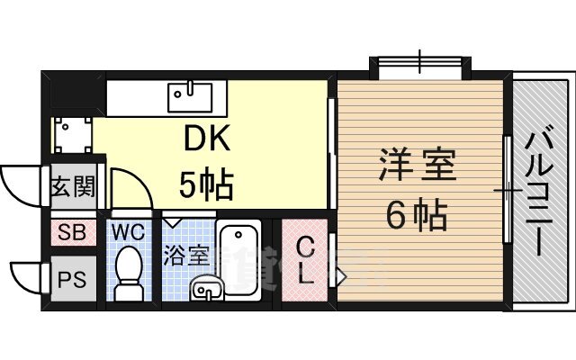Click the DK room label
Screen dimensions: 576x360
[207, 138]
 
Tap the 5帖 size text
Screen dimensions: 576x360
[206, 183]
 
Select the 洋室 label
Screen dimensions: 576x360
[418, 164]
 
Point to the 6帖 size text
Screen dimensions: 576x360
[418, 214]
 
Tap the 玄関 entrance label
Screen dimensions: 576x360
[74, 186]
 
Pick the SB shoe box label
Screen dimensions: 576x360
[72, 232]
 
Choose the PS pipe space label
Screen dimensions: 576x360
[72, 279]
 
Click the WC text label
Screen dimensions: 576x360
[128, 232]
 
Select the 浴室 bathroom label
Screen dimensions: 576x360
[186, 255]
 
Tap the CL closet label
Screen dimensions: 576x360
[305, 260]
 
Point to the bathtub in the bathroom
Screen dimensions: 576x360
[238, 260]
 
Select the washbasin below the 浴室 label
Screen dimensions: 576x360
[206, 288]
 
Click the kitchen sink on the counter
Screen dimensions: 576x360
[190, 96]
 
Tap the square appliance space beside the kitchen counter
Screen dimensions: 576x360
[73, 135]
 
